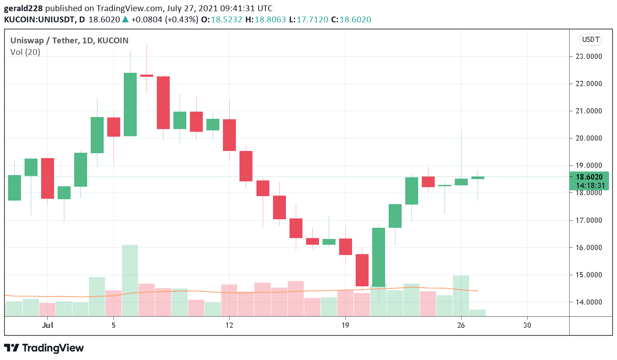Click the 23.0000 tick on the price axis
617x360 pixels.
coord(588,56)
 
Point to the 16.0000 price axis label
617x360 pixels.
coord(588,247)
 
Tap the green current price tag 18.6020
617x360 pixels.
coord(589,177)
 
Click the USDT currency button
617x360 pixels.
coord(591,40)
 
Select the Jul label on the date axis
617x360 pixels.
coord(47,325)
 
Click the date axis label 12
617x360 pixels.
coord(229,325)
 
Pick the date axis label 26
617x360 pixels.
coord(461,325)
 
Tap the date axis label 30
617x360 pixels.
coord(527,325)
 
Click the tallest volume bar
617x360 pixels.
coord(130,280)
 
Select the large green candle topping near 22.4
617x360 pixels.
coord(130,104)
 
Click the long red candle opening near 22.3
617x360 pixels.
coord(163,103)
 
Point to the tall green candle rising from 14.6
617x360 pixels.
coord(378,257)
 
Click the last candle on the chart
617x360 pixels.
coord(478,178)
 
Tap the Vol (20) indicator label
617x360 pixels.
coord(25,52)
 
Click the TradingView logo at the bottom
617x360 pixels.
coord(44,348)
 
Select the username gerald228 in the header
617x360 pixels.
coord(23,8)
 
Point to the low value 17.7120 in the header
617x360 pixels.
coord(311,20)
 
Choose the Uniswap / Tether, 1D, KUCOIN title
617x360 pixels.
coord(69,41)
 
